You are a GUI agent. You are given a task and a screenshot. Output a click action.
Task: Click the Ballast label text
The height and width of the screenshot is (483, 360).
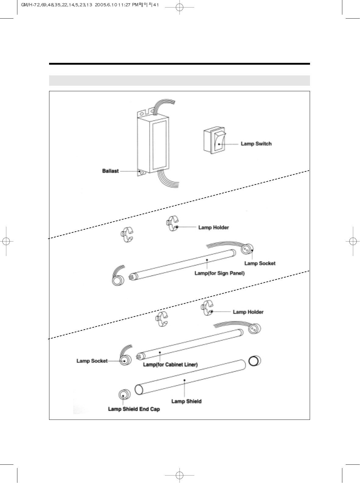tap(110, 171)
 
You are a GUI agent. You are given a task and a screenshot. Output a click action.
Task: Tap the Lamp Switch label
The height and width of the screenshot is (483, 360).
tap(256, 144)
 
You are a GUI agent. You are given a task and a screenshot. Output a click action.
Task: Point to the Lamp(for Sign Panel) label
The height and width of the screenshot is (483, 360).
tap(219, 273)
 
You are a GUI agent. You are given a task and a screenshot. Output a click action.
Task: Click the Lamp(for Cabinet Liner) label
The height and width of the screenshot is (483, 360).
tap(170, 365)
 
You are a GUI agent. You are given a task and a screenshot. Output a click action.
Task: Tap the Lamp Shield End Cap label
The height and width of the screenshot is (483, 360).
tap(134, 409)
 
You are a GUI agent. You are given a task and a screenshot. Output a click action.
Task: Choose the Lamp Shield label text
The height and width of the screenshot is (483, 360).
tap(186, 401)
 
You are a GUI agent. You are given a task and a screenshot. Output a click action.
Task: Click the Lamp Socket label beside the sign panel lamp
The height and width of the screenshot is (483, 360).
tap(260, 263)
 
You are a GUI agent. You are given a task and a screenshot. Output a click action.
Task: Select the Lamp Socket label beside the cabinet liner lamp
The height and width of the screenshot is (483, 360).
tap(92, 361)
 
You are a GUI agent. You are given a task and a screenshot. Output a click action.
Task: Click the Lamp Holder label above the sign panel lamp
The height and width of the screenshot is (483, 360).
tap(213, 227)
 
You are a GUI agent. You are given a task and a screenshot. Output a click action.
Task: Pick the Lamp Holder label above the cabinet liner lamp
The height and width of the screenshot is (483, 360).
tap(248, 312)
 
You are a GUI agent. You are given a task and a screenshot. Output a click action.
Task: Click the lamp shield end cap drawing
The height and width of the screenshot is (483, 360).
tap(123, 395)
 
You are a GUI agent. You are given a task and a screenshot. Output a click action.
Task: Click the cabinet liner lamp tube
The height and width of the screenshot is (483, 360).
tap(189, 343)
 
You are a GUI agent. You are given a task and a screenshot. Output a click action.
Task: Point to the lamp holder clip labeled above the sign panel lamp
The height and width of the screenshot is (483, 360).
tap(172, 223)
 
